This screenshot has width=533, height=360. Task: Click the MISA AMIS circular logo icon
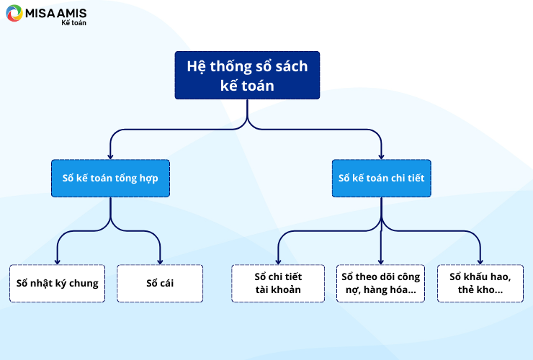(14, 13)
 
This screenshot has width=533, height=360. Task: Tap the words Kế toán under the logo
(73, 23)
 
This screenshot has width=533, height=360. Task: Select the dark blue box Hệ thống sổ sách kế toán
(247, 75)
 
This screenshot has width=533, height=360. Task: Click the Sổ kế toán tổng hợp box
(110, 178)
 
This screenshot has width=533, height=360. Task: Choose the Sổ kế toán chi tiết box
(382, 178)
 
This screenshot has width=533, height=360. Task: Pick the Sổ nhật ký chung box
(57, 283)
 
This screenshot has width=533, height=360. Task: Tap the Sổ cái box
(160, 283)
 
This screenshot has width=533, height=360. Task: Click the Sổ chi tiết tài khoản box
(278, 283)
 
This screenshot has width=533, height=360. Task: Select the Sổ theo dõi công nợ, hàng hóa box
(381, 283)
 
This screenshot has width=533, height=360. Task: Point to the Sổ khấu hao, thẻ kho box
(480, 283)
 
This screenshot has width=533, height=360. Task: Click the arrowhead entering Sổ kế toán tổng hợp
(110, 156)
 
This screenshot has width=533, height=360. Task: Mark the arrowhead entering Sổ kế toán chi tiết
(382, 156)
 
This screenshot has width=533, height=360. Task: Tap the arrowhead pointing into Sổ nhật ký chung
(57, 261)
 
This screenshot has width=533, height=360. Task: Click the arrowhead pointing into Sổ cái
(160, 261)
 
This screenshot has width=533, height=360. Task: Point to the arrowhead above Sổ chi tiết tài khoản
(278, 261)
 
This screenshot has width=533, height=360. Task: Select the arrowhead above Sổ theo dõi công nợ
(381, 261)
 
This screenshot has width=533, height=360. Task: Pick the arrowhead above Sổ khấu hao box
(480, 261)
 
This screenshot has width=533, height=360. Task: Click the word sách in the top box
(291, 66)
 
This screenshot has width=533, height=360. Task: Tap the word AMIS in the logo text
(71, 13)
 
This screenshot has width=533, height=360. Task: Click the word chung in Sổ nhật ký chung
(84, 284)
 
